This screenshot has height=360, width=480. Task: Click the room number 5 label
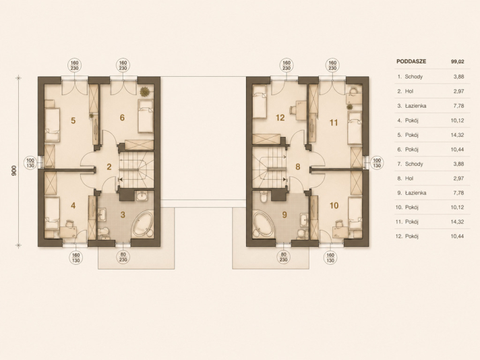tap(73, 121)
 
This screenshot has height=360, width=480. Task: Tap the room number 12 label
tap(280, 117)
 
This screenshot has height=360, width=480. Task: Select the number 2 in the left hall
tap(109, 167)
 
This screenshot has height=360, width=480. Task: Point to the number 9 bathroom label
tap(284, 215)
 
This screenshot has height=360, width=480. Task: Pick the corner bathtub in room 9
tap(264, 224)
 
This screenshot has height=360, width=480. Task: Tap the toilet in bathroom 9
tap(263, 196)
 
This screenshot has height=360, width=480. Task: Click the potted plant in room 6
tap(144, 91)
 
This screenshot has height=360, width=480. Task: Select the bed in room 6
tap(146, 116)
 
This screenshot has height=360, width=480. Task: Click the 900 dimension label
tap(13, 171)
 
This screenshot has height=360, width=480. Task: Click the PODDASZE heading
tap(411, 61)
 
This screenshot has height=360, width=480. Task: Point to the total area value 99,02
tap(457, 61)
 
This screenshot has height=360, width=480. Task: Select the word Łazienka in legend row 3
tap(415, 106)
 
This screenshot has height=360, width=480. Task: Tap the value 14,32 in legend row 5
tap(457, 135)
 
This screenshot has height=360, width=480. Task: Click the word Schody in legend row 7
tap(414, 164)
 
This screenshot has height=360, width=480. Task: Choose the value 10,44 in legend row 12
tap(457, 237)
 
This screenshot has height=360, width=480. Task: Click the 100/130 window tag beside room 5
tap(30, 163)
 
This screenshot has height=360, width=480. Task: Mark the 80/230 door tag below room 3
tap(123, 258)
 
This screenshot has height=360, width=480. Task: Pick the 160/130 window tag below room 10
tap(330, 258)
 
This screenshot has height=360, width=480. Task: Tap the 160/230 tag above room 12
tap(287, 65)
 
